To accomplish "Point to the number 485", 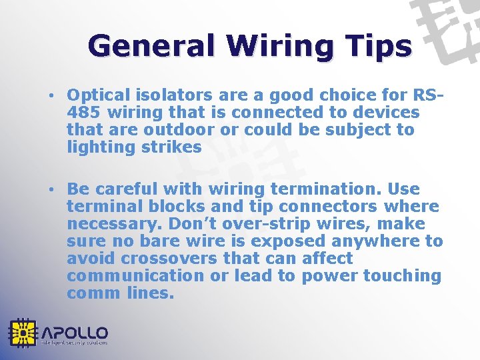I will pos(83,113).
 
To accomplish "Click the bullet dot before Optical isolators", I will pos(52,96).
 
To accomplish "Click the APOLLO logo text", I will pos(75,332).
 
